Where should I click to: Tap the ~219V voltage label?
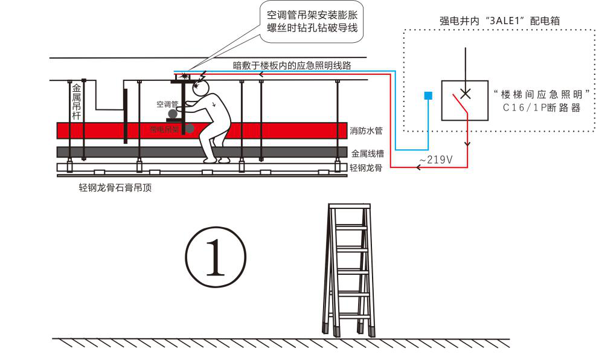coord(435,159)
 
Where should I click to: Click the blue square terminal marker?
coord(428,95)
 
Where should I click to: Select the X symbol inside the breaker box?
coord(465,93)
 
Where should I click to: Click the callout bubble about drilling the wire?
coord(313,22)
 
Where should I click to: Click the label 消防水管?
coord(367,130)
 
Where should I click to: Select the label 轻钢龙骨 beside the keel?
coord(367,167)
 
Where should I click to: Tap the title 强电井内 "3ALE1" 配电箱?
coord(499,20)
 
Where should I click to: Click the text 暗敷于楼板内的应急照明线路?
coord(292,65)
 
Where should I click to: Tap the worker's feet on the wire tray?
coord(216,160)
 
